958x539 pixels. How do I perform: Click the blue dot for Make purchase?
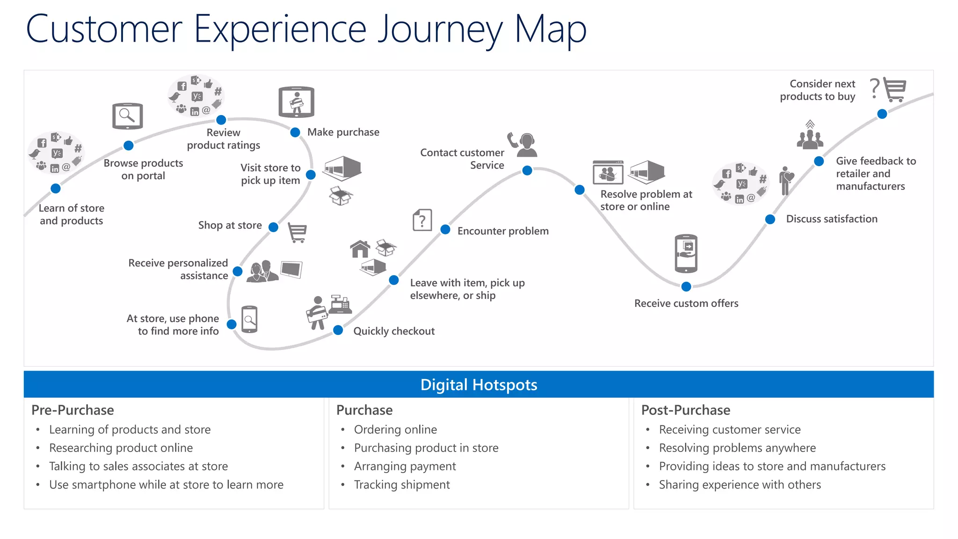coord(295,132)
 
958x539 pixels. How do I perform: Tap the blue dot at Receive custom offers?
coord(686,286)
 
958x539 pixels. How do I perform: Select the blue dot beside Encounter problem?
coord(445,230)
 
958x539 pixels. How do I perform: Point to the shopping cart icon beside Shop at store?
coord(298,233)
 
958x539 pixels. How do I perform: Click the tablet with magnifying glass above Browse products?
coord(127,116)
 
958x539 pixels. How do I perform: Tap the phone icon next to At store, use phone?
coord(249,320)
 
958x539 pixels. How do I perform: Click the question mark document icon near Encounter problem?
coord(422,220)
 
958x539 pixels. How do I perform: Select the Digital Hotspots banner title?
coord(479,385)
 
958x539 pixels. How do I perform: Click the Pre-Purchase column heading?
coord(73,410)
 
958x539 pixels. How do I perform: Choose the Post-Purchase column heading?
coord(685,410)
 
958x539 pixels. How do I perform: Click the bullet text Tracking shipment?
coord(402,485)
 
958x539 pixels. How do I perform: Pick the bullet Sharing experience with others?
coord(740,485)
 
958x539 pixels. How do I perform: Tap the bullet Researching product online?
coord(121,448)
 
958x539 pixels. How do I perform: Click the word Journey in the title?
coord(440,30)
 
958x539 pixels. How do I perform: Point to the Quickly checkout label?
coord(394,331)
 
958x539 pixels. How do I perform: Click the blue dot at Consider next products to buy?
coord(882,114)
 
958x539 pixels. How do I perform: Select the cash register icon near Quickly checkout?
coord(340,305)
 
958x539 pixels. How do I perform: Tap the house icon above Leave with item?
coord(360,249)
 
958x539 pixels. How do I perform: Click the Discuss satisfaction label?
coord(832,219)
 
